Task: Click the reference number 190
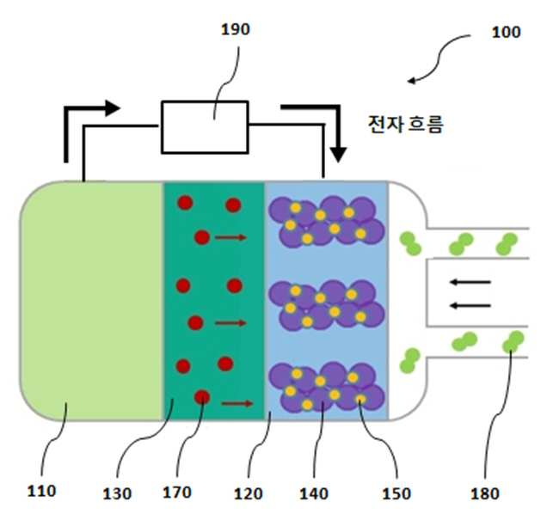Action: tap(236, 29)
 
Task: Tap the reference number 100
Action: tap(506, 32)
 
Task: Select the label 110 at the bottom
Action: tap(41, 491)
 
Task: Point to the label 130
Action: tap(117, 493)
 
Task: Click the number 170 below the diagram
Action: tap(177, 492)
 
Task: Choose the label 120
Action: tap(249, 493)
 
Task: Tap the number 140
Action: tap(314, 493)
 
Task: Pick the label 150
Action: tap(396, 493)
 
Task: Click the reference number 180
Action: tap(485, 493)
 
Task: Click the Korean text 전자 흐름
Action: tap(405, 125)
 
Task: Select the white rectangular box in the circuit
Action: tap(205, 127)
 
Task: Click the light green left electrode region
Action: tap(91, 301)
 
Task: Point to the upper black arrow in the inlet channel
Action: tap(470, 282)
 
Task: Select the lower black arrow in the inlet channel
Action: tap(470, 305)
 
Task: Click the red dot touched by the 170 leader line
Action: tap(202, 397)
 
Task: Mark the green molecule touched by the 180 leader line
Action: tap(513, 342)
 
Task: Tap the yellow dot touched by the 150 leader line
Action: tap(360, 399)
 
